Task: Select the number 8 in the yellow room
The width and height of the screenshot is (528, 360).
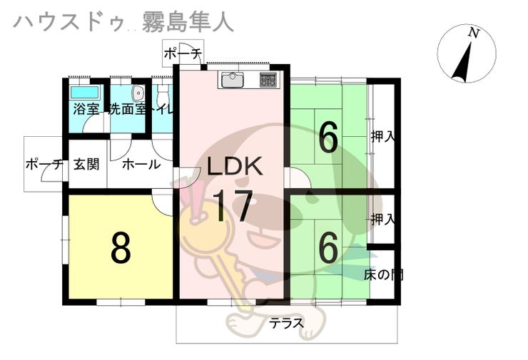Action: point(120,247)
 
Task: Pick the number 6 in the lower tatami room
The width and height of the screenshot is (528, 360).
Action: point(328,248)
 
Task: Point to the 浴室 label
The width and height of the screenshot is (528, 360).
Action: point(83,110)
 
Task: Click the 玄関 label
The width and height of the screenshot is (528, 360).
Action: point(86,164)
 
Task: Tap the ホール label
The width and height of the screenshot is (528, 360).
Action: point(141,164)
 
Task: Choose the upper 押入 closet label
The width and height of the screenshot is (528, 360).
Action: point(382,136)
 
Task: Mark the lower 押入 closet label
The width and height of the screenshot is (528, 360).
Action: point(382,219)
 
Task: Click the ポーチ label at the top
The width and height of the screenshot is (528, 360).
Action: point(183,53)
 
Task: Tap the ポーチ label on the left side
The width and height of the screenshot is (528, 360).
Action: point(44,164)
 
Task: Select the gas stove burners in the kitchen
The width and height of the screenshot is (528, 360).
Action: point(268,79)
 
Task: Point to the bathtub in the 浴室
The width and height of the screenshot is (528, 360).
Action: point(84,93)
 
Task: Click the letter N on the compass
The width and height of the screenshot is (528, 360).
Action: point(472,33)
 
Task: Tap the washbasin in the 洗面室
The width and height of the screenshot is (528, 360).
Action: point(138,93)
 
